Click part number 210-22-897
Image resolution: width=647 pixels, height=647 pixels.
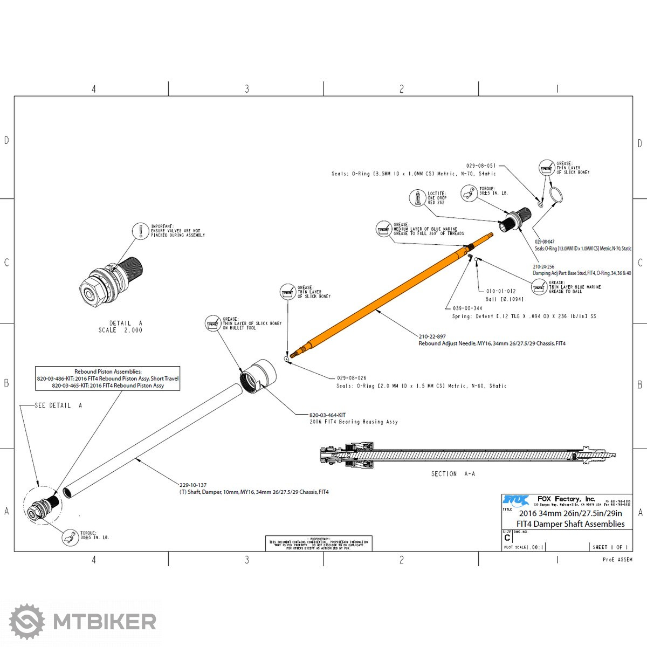[432, 336]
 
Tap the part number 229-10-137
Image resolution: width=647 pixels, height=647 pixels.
[193, 485]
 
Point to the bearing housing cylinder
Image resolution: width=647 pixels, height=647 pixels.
[258, 376]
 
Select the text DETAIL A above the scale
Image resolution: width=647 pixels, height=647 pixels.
[126, 323]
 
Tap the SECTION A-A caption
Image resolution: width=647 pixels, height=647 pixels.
[453, 473]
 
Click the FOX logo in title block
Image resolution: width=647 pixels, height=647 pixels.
[515, 500]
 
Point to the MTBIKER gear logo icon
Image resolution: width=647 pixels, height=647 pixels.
[27, 622]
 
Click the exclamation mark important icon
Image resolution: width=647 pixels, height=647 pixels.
[140, 231]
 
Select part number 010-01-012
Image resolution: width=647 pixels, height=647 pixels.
[501, 291]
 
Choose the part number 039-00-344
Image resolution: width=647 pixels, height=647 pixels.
[467, 308]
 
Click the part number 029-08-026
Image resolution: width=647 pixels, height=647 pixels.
[352, 378]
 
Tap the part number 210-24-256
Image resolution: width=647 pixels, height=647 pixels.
[543, 266]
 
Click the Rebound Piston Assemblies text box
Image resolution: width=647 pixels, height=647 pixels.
[108, 378]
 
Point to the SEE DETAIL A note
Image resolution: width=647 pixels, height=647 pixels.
[58, 405]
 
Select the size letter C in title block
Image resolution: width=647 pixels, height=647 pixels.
[507, 538]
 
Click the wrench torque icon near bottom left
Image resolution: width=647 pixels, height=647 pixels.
[70, 537]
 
